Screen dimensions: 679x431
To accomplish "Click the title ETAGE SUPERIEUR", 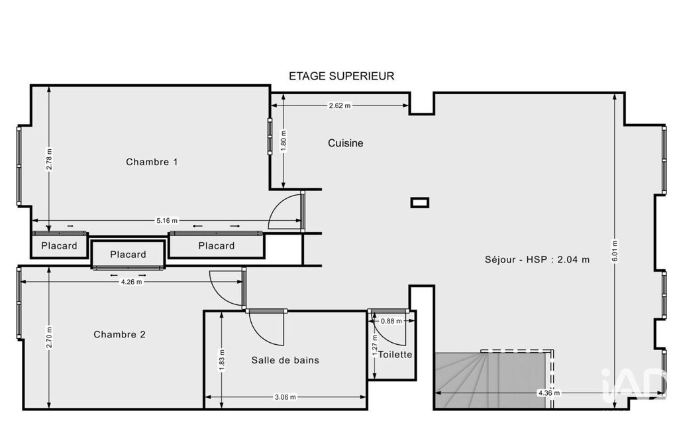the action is coord(341,76).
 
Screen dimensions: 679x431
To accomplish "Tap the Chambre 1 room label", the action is coord(152,162).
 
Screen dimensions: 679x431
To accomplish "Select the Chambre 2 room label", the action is coord(119,334).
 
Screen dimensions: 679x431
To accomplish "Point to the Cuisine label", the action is coord(345,143).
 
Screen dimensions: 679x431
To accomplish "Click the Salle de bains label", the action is coord(285,360).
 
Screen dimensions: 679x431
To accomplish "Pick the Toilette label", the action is coord(395,354).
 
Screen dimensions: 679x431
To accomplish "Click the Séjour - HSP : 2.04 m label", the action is coord(537,260).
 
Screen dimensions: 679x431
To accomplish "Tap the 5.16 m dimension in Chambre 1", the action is coord(167,221).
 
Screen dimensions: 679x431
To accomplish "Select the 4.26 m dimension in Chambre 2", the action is coord(131,282).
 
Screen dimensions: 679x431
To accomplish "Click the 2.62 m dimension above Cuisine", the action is coord(339,105).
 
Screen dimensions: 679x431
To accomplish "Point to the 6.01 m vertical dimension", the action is coord(615,251).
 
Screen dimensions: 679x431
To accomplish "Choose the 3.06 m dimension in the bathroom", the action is coord(286,397).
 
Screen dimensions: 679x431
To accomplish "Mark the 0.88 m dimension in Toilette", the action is coord(391,322).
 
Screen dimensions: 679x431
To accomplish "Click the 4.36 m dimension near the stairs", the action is coord(548,393).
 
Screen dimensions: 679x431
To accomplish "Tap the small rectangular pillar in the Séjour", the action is coord(419,202).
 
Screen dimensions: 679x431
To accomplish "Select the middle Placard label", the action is coord(128,255).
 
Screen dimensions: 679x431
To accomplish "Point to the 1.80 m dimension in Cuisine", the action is coord(284,141).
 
